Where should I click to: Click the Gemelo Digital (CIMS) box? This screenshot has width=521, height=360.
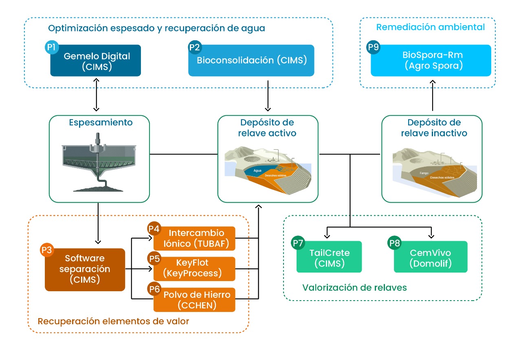96,61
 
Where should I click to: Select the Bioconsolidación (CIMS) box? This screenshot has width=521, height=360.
251,61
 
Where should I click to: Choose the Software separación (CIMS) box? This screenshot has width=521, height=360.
84,269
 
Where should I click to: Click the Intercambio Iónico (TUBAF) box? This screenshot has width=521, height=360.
194,238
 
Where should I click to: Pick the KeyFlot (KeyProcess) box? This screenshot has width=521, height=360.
194,268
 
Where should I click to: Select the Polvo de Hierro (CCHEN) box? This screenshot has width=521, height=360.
194,299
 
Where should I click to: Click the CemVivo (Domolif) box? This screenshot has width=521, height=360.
431,257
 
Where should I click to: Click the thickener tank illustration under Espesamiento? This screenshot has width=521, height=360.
98,163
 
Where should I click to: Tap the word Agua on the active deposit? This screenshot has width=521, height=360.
257,170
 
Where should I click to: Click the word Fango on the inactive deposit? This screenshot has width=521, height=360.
424,173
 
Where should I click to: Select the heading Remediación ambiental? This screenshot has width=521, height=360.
430,27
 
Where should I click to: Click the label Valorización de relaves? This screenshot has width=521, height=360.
354,288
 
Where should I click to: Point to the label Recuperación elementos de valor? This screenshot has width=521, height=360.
113,321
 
